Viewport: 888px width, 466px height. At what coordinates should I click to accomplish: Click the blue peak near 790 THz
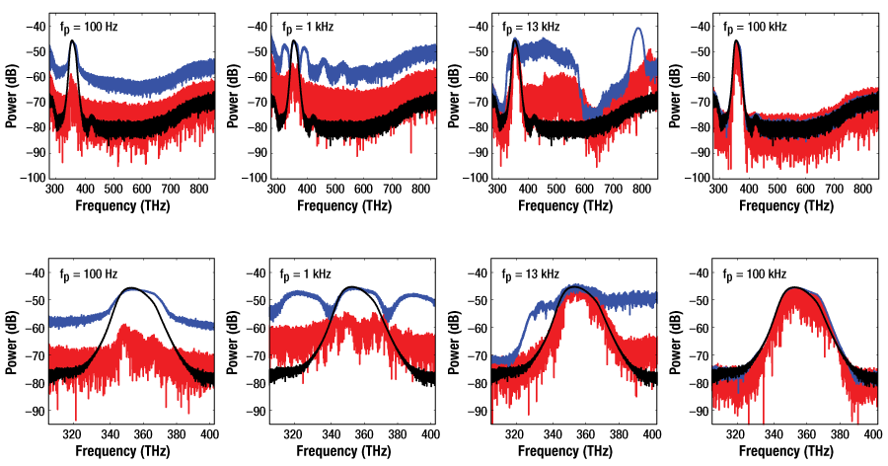click(640, 30)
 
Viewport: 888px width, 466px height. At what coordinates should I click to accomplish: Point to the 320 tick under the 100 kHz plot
click(734, 433)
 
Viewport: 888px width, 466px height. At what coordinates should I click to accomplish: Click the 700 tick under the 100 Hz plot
click(171, 190)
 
